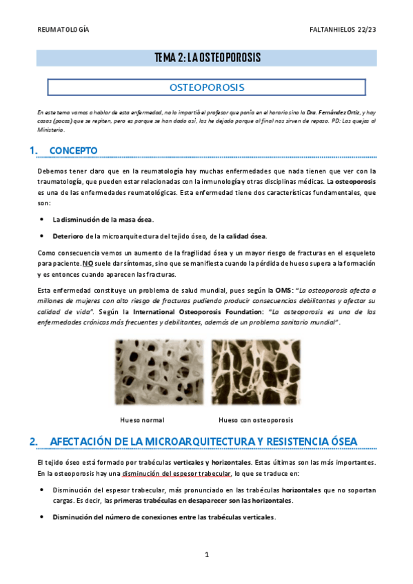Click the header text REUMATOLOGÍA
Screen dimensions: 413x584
tap(62, 30)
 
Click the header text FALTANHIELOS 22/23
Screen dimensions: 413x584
tap(343, 30)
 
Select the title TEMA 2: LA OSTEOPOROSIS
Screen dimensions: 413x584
tap(207, 59)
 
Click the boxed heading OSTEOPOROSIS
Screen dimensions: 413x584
tap(207, 87)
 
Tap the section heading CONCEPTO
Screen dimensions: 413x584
tap(74, 151)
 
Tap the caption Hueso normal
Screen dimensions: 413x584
tap(142, 419)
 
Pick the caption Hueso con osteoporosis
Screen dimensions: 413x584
tap(256, 419)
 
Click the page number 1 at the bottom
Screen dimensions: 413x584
tap(206, 554)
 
